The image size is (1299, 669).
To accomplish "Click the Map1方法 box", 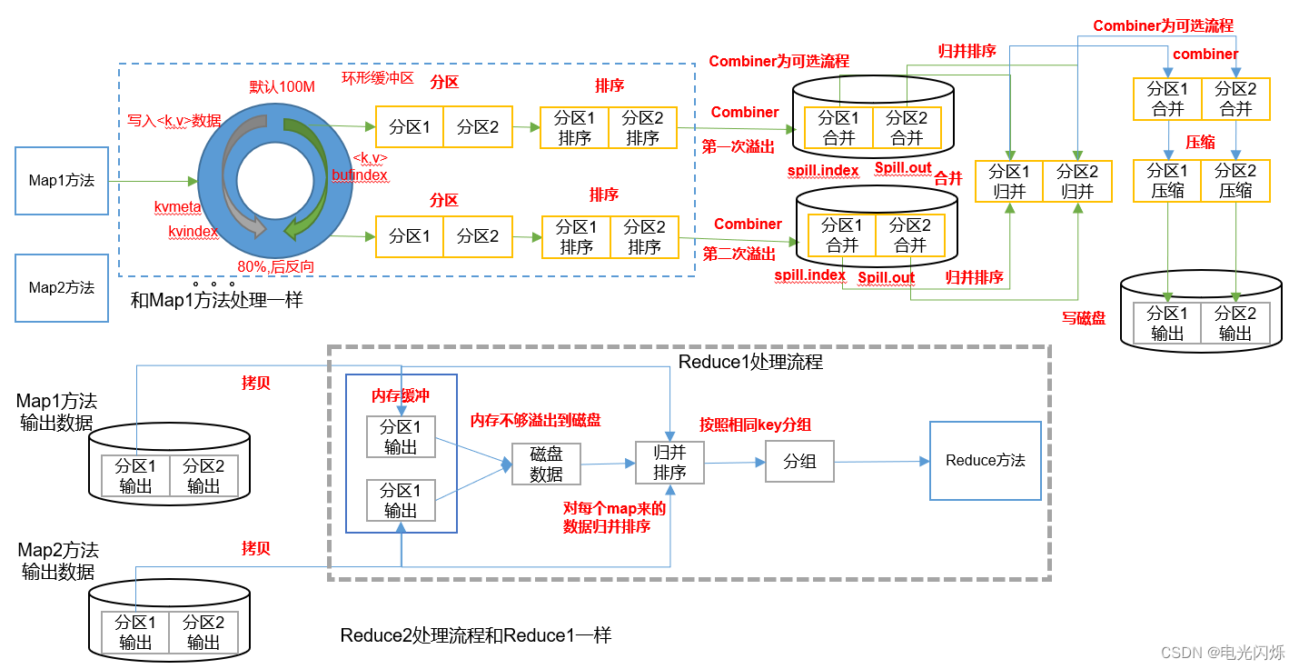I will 62,181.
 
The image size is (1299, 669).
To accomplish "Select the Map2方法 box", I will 62,287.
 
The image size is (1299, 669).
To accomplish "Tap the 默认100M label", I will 282,87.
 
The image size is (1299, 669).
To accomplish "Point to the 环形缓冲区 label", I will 377,78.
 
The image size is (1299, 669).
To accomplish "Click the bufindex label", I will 360,175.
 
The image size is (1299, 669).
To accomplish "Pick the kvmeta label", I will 177,207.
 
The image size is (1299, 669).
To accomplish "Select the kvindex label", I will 193,232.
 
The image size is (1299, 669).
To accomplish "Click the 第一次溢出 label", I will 738,146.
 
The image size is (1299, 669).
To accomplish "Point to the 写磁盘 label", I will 1084,318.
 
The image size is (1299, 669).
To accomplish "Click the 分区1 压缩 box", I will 1167,180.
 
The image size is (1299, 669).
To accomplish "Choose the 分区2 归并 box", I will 1077,181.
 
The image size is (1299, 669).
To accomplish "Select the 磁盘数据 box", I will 546,464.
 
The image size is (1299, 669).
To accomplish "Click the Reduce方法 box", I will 985,461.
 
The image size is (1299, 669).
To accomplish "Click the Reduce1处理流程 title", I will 750,362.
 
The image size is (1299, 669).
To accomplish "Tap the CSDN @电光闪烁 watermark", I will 1223,652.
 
